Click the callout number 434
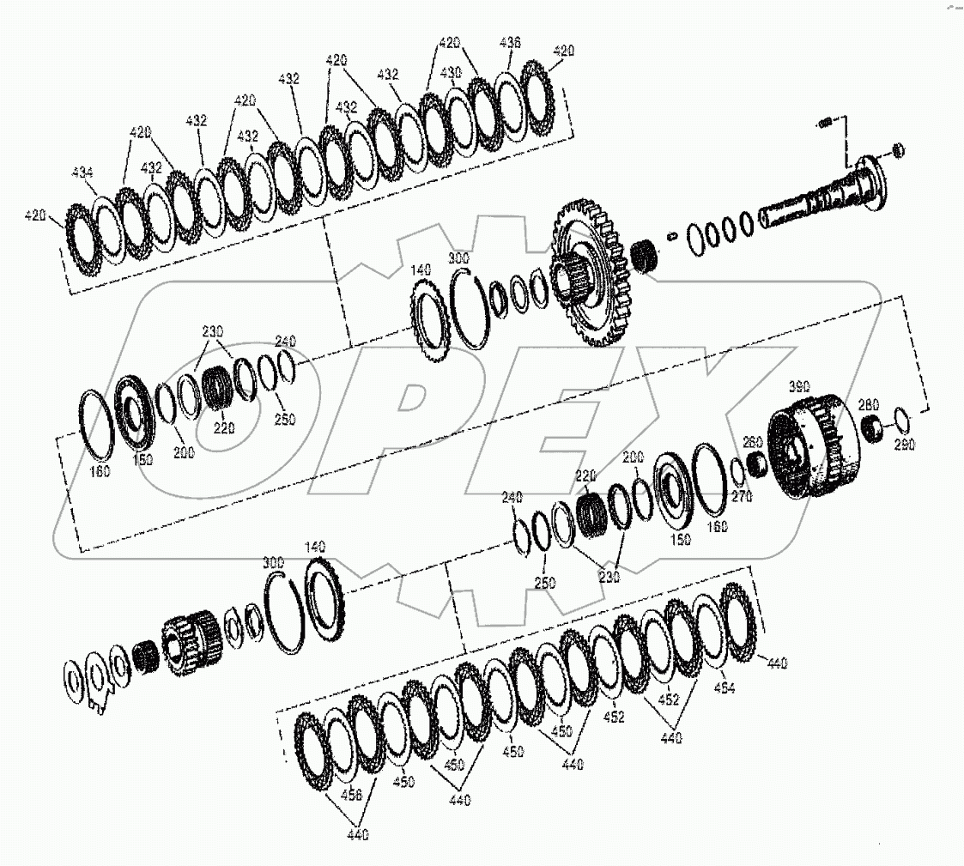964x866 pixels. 82,173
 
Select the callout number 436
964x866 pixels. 511,42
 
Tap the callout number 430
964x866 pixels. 451,71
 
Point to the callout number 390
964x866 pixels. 799,388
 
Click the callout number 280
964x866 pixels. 868,403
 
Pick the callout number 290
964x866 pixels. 904,445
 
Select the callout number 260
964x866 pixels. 752,442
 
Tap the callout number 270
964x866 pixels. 741,496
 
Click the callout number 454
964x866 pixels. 725,687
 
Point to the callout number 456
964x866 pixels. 351,796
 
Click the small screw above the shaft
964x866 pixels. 825,123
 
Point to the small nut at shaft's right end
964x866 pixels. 899,150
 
